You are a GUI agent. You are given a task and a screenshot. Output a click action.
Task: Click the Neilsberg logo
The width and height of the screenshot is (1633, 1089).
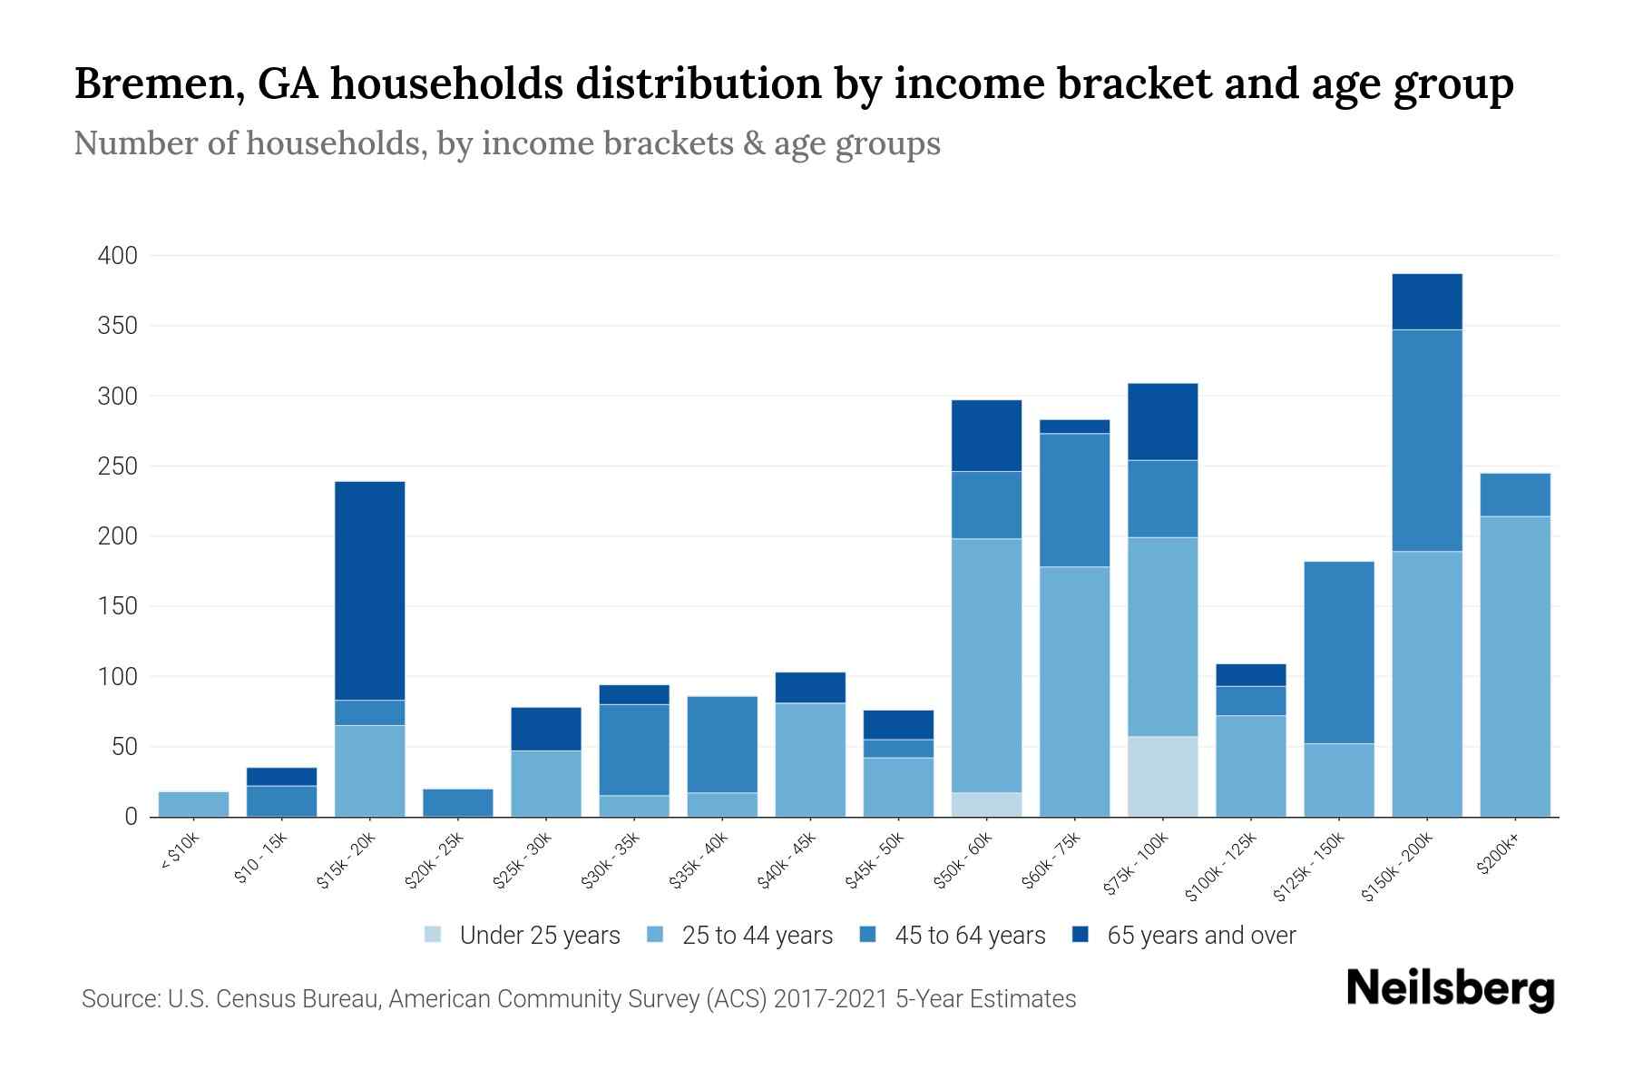click(x=1450, y=989)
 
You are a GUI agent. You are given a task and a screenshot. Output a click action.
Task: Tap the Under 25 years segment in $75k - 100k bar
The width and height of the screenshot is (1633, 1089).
click(x=1162, y=776)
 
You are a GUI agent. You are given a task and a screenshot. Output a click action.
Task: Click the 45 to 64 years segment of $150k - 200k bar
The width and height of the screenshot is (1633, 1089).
click(x=1427, y=440)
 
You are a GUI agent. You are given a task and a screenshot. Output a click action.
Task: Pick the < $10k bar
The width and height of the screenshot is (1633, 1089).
click(x=193, y=804)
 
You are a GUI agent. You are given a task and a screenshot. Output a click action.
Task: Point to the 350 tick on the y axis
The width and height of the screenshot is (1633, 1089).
click(x=117, y=326)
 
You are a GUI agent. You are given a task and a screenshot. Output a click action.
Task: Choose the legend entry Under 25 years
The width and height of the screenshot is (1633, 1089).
click(x=540, y=936)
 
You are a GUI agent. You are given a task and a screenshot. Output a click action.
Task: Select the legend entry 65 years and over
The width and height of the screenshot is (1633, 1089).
click(x=1201, y=936)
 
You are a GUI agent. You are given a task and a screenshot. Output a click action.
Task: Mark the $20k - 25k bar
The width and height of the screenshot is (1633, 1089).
click(x=458, y=802)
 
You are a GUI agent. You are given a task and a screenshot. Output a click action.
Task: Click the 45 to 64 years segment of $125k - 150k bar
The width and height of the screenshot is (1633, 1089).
click(x=1339, y=652)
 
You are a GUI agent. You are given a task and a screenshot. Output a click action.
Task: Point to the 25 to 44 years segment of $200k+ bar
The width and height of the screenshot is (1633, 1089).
click(x=1515, y=666)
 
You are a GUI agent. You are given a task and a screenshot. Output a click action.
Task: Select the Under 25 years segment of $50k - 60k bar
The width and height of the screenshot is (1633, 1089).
click(x=986, y=804)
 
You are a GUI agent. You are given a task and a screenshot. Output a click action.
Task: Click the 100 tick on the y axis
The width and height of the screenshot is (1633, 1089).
click(x=117, y=677)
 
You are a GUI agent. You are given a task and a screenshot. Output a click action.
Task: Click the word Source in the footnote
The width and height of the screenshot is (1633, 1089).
click(x=119, y=999)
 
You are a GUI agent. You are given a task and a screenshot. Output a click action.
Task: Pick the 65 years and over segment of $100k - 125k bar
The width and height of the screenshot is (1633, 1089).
click(x=1251, y=674)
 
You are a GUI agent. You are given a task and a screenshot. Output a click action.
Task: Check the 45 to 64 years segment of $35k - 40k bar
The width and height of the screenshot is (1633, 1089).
click(x=722, y=744)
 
